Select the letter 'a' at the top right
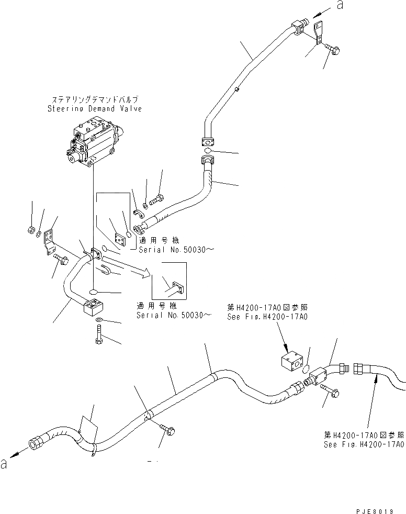(340, 6)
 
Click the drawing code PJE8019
(376, 510)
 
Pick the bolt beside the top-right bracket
(334, 50)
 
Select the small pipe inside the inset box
(173, 286)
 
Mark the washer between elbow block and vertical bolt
(100, 320)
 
